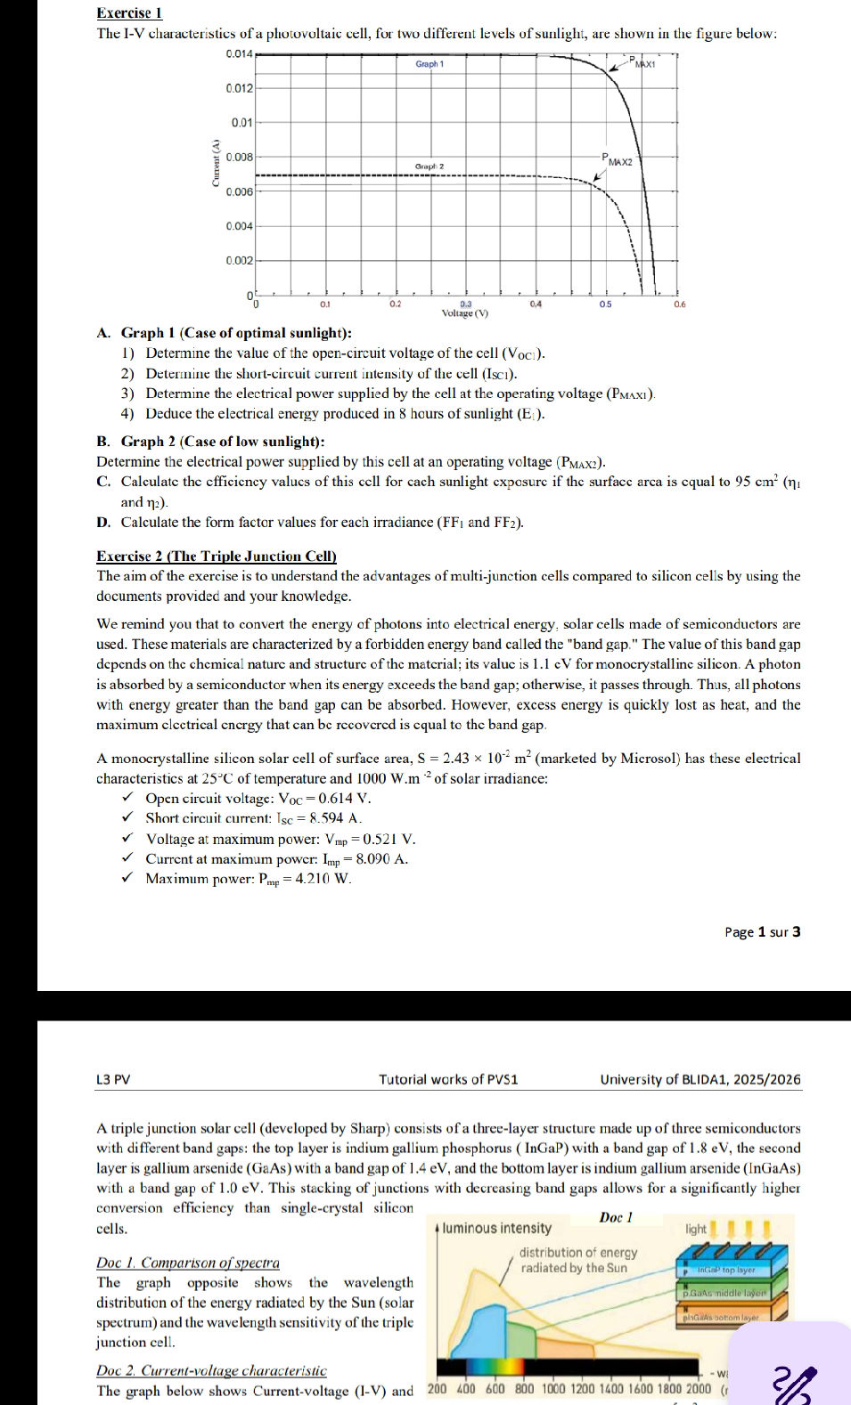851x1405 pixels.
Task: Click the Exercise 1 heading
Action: tap(129, 12)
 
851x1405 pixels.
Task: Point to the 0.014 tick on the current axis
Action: tap(240, 54)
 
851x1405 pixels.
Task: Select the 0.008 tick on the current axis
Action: tap(240, 157)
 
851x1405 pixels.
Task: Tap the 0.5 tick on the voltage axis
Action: tap(605, 304)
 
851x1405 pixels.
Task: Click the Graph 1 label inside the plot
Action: tap(430, 64)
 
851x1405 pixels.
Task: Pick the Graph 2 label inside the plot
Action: tap(430, 166)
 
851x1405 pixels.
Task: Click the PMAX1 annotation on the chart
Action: tap(642, 62)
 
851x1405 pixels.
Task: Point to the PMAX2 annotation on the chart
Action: tap(617, 160)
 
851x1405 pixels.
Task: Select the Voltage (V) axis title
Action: tap(465, 313)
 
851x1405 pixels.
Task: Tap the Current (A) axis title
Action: tap(214, 163)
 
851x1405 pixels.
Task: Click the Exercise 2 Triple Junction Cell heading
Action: tap(217, 556)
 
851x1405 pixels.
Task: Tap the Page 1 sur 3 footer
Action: tap(762, 932)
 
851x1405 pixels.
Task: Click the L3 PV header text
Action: tap(113, 1079)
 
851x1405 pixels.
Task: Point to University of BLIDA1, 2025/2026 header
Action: tap(700, 1079)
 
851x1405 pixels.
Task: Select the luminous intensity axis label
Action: tap(496, 1229)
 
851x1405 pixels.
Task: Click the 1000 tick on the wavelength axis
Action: tap(554, 1389)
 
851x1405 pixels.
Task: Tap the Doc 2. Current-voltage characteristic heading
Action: tap(211, 1371)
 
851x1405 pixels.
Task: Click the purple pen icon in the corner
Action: tap(795, 1383)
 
